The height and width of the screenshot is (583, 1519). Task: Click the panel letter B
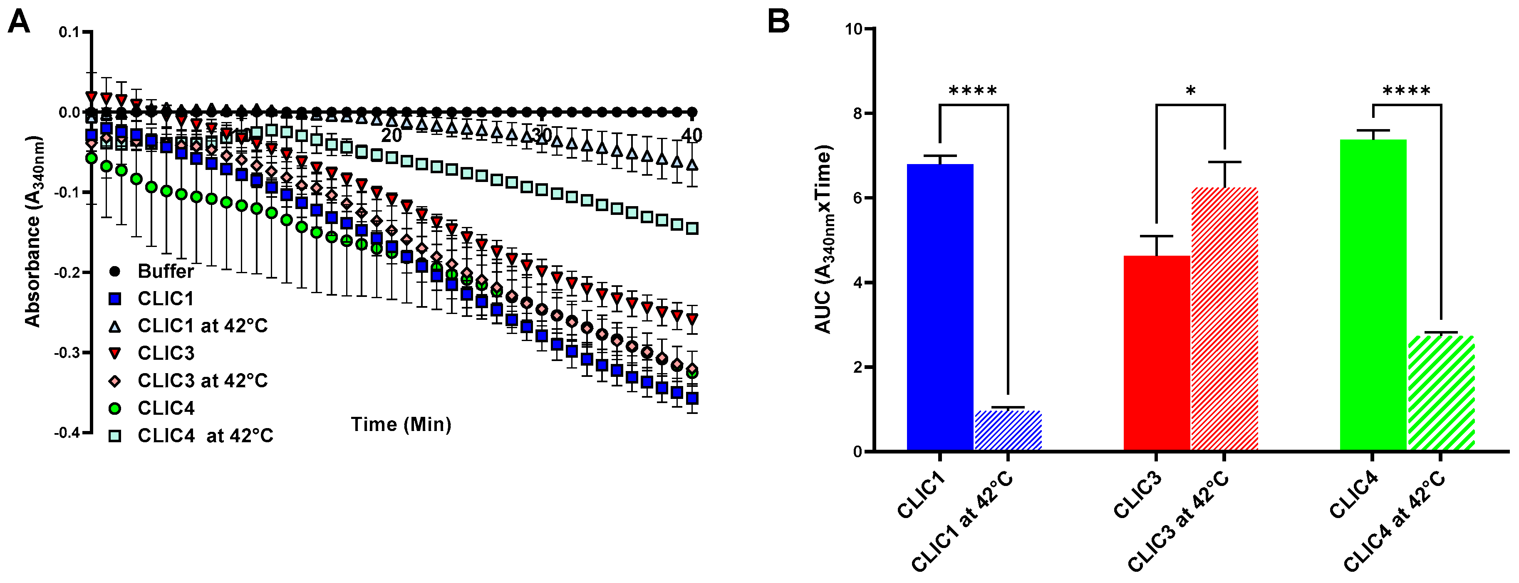[778, 22]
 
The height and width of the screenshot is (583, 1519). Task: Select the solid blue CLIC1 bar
[940, 307]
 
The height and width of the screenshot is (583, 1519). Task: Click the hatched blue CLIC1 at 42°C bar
[1009, 431]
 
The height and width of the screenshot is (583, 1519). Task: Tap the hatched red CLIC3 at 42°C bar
[1225, 319]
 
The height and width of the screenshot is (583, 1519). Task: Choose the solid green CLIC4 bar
[1373, 295]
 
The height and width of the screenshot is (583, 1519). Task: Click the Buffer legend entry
[165, 272]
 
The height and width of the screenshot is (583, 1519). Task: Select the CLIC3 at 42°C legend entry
[202, 381]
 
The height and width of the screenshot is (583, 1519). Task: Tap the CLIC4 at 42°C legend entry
[205, 436]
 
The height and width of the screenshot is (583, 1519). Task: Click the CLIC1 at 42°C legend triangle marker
[116, 326]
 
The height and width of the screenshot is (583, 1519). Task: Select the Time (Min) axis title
[401, 424]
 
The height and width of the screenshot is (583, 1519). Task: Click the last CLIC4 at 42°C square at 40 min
[692, 228]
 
